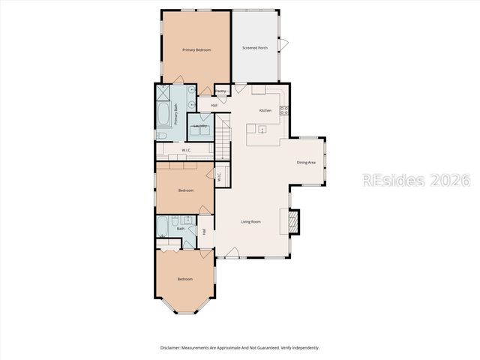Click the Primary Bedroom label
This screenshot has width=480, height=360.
click(x=196, y=49)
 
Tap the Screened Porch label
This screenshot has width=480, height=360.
click(x=255, y=48)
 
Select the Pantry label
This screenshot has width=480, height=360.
click(x=221, y=91)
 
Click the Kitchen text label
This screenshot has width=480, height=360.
click(x=265, y=110)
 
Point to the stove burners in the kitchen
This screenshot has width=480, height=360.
click(x=284, y=110)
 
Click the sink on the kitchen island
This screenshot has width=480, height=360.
click(x=262, y=129)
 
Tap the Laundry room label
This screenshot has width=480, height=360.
click(x=200, y=126)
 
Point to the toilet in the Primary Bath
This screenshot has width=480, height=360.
click(x=160, y=136)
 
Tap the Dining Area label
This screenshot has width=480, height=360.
click(x=305, y=162)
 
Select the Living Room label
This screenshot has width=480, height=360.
click(x=250, y=221)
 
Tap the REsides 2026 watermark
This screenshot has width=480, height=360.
click(x=415, y=181)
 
